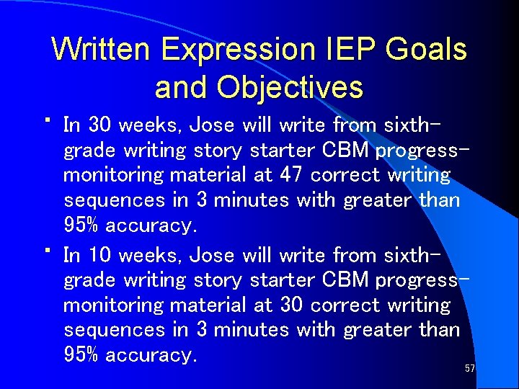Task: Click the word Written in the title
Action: click(102, 50)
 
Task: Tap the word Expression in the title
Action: click(239, 50)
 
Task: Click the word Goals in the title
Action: click(426, 50)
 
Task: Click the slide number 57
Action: click(470, 369)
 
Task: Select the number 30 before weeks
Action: click(98, 125)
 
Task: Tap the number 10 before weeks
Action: click(98, 255)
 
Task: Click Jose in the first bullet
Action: click(212, 125)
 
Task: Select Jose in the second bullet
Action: click(212, 255)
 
